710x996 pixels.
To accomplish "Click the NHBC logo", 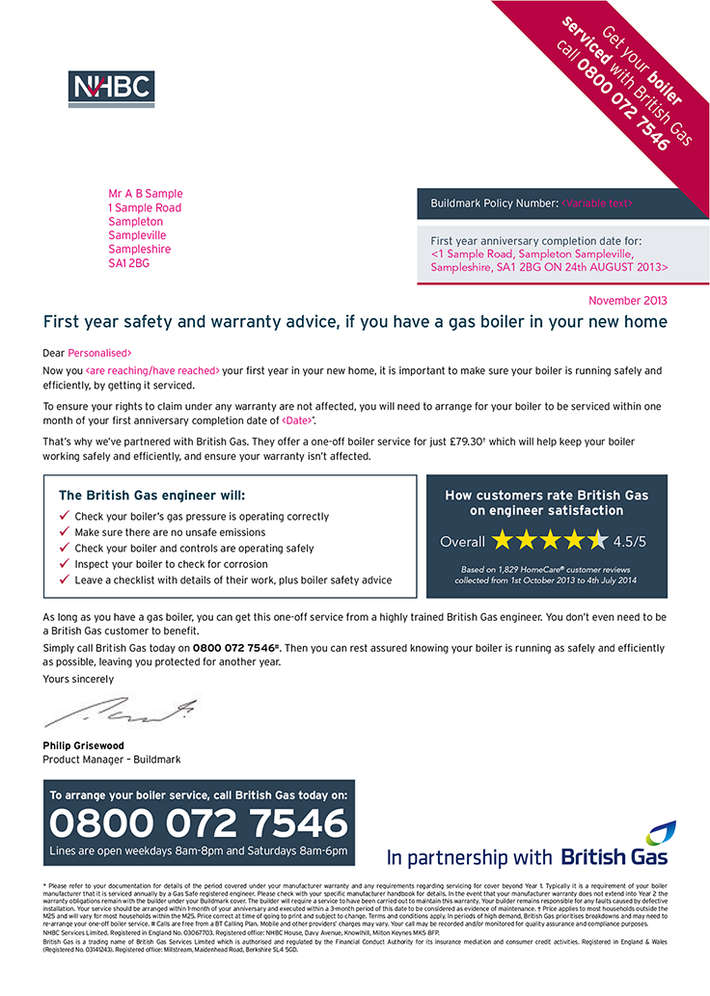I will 112,89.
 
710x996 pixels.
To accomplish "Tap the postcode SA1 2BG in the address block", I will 129,262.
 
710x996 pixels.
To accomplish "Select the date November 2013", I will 627,300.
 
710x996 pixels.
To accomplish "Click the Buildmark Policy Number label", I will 494,203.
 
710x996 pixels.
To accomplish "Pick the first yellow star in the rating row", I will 502,540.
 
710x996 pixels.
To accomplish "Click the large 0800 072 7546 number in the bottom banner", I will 198,823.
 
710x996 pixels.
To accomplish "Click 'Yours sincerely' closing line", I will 78,679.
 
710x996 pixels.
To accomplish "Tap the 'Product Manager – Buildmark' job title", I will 111,759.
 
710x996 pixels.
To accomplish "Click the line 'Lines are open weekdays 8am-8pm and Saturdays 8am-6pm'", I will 198,850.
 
